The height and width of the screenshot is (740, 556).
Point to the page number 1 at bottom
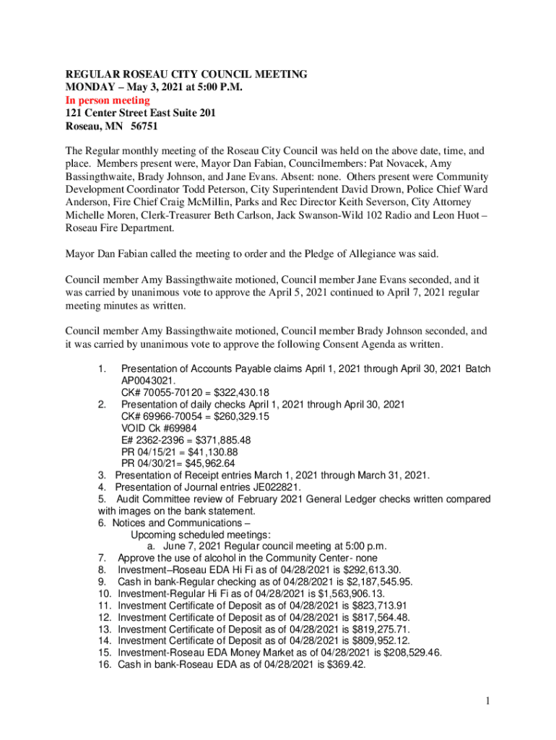point(487,700)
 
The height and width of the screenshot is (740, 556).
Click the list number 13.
point(103,629)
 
